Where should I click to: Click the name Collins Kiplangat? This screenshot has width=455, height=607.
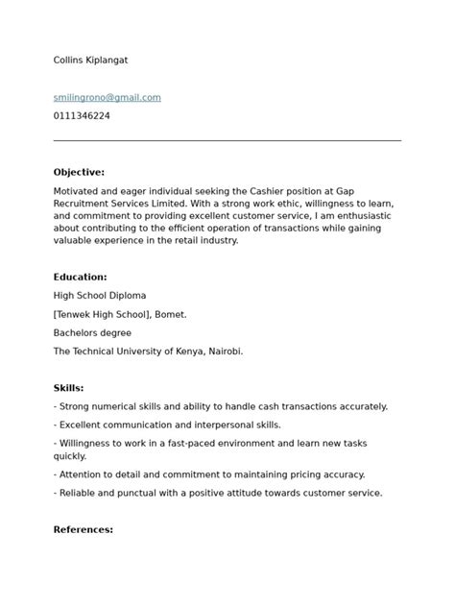click(x=90, y=61)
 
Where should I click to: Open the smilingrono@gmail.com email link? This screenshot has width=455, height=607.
click(x=107, y=98)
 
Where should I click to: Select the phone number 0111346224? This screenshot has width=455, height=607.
click(x=82, y=116)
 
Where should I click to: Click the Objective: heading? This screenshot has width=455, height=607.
click(x=79, y=172)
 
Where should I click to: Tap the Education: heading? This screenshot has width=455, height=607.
click(x=80, y=277)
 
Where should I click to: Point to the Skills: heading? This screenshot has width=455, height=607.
click(x=68, y=388)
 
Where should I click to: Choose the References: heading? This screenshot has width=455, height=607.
click(x=83, y=529)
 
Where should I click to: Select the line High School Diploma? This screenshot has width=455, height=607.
click(x=100, y=296)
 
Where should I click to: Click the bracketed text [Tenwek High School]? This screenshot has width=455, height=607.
click(x=104, y=314)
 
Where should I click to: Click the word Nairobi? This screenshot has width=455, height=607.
click(x=223, y=352)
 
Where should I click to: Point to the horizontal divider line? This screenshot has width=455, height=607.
click(x=227, y=141)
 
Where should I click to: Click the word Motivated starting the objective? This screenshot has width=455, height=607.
click(x=79, y=191)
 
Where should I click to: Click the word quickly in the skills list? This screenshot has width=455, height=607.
click(x=70, y=456)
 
